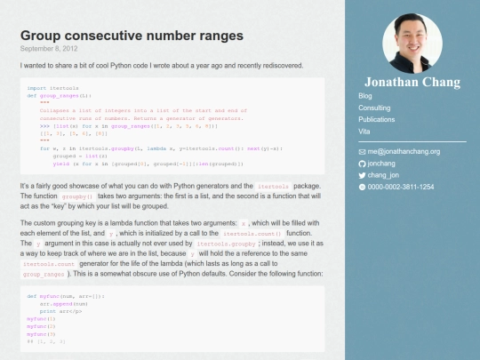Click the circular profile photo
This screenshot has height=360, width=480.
(x=412, y=41)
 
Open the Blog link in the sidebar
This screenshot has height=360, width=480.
(x=364, y=96)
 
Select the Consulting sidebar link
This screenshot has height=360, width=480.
(x=373, y=108)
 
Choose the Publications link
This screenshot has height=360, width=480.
(x=376, y=118)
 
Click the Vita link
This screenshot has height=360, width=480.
(x=364, y=130)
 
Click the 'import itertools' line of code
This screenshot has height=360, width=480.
(x=48, y=89)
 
